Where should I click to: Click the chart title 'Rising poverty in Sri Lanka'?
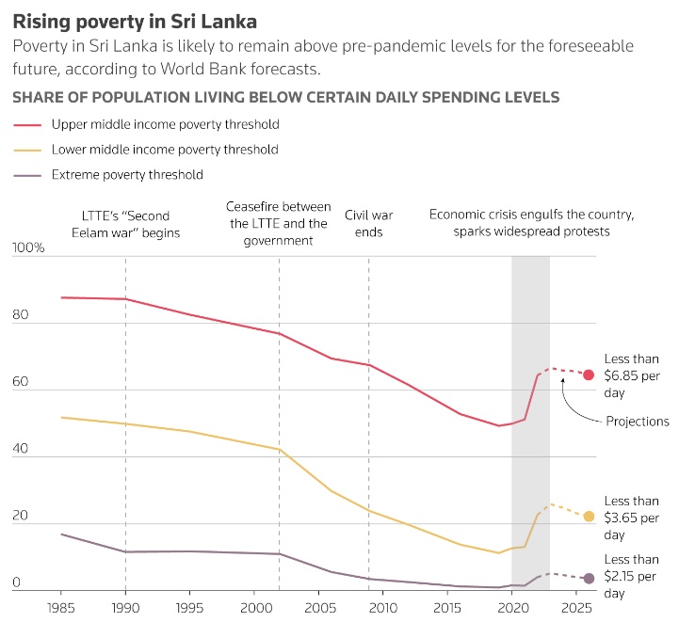click(x=134, y=21)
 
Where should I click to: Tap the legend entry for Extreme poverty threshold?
click(x=127, y=174)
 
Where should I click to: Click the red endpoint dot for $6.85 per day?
click(x=589, y=375)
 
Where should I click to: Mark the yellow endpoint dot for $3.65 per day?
click(x=589, y=516)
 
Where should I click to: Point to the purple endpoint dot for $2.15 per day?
click(x=589, y=578)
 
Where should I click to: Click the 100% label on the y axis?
click(x=28, y=248)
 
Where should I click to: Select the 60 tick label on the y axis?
click(x=21, y=383)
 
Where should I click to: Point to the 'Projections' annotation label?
click(x=638, y=422)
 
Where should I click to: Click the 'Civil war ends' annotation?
click(x=368, y=223)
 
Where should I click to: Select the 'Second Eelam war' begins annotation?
click(x=125, y=223)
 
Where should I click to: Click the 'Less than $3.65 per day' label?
click(x=631, y=518)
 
